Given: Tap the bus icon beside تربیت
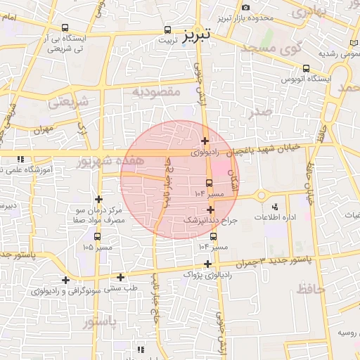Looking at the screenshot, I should click(167, 30).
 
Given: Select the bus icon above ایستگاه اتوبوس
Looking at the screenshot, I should click(306, 68).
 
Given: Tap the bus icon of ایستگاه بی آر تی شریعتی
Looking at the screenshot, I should click(65, 29).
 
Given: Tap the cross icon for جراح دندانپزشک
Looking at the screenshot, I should click(211, 210).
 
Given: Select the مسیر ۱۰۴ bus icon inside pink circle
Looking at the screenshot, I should click(209, 183).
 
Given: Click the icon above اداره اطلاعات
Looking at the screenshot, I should click(274, 207).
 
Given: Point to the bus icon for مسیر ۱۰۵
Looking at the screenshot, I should click(96, 236).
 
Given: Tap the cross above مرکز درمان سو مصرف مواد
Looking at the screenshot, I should click(98, 200).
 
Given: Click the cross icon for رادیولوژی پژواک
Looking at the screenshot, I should click(207, 264).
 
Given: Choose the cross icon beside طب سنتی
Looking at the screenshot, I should click(121, 277).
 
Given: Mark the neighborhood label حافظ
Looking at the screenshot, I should click(309, 288).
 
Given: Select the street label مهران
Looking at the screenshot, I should click(42, 129).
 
